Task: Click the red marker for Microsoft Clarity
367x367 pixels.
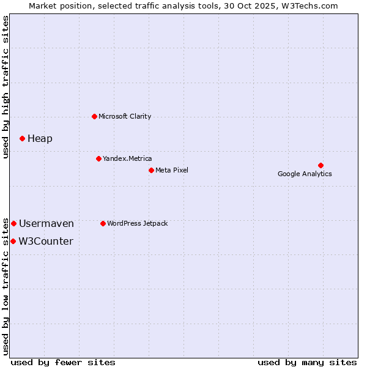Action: pyautogui.click(x=94, y=116)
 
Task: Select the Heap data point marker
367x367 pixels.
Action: pyautogui.click(x=22, y=138)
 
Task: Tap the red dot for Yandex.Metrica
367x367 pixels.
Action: pyautogui.click(x=98, y=158)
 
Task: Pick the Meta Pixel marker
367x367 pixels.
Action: pyautogui.click(x=151, y=170)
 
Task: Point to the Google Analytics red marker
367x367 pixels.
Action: pyautogui.click(x=321, y=165)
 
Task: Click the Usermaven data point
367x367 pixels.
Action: pyautogui.click(x=13, y=223)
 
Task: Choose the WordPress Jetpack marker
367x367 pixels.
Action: pyautogui.click(x=103, y=223)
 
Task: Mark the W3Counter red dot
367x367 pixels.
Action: pyautogui.click(x=13, y=241)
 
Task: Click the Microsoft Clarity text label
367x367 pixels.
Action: pyautogui.click(x=125, y=116)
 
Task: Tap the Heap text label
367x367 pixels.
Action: pyautogui.click(x=40, y=138)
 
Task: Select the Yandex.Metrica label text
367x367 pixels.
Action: pyautogui.click(x=127, y=158)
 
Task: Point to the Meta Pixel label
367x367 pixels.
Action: pyautogui.click(x=172, y=170)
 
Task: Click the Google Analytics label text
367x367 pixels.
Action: pyautogui.click(x=305, y=174)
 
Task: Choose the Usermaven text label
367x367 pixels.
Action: pyautogui.click(x=46, y=223)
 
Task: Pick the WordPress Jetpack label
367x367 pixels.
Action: pyautogui.click(x=137, y=223)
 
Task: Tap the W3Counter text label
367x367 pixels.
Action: pyautogui.click(x=46, y=241)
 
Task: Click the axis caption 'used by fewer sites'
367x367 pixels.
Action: pyautogui.click(x=63, y=362)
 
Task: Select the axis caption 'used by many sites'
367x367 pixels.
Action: pyautogui.click(x=307, y=362)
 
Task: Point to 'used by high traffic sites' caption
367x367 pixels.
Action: pyautogui.click(x=6, y=87)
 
